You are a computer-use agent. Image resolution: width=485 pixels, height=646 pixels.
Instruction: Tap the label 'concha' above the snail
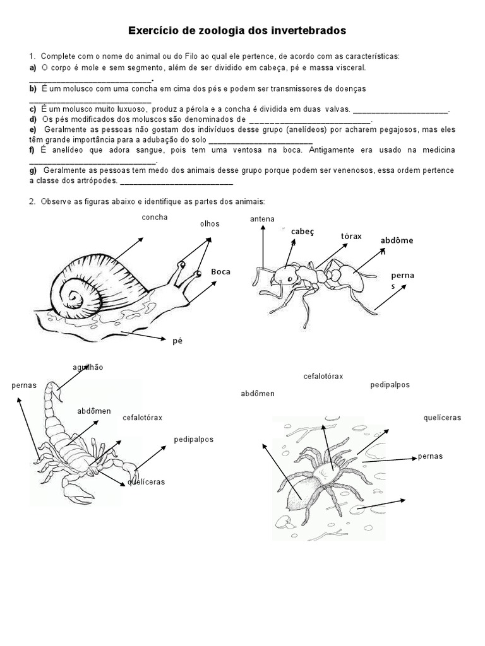click(x=155, y=217)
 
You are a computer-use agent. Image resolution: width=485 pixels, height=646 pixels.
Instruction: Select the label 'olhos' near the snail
click(x=209, y=223)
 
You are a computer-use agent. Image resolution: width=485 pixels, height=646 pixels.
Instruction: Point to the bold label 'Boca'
click(x=220, y=271)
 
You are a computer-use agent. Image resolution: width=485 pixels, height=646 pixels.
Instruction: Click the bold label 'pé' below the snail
click(x=177, y=340)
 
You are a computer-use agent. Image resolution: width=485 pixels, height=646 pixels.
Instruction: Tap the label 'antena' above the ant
click(x=262, y=219)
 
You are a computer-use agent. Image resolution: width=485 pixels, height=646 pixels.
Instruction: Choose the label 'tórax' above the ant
click(x=351, y=236)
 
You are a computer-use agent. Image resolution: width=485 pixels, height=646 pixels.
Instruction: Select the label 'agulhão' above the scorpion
click(x=88, y=367)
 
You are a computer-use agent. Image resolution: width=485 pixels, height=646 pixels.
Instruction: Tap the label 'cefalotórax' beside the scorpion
click(x=142, y=418)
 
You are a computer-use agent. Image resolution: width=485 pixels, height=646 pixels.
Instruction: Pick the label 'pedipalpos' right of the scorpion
click(x=194, y=439)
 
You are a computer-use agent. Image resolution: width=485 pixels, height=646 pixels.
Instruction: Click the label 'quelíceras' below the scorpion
click(x=146, y=482)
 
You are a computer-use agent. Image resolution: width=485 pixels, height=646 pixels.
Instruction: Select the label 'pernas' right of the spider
click(x=430, y=456)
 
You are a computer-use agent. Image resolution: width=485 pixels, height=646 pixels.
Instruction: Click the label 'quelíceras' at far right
click(x=442, y=418)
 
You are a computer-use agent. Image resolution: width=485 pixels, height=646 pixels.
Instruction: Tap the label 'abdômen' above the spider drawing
click(x=258, y=394)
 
